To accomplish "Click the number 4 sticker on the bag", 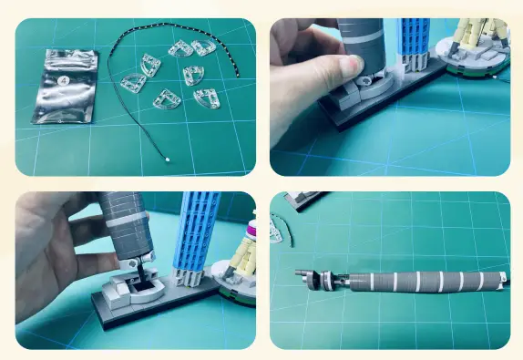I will pos(63,80).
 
